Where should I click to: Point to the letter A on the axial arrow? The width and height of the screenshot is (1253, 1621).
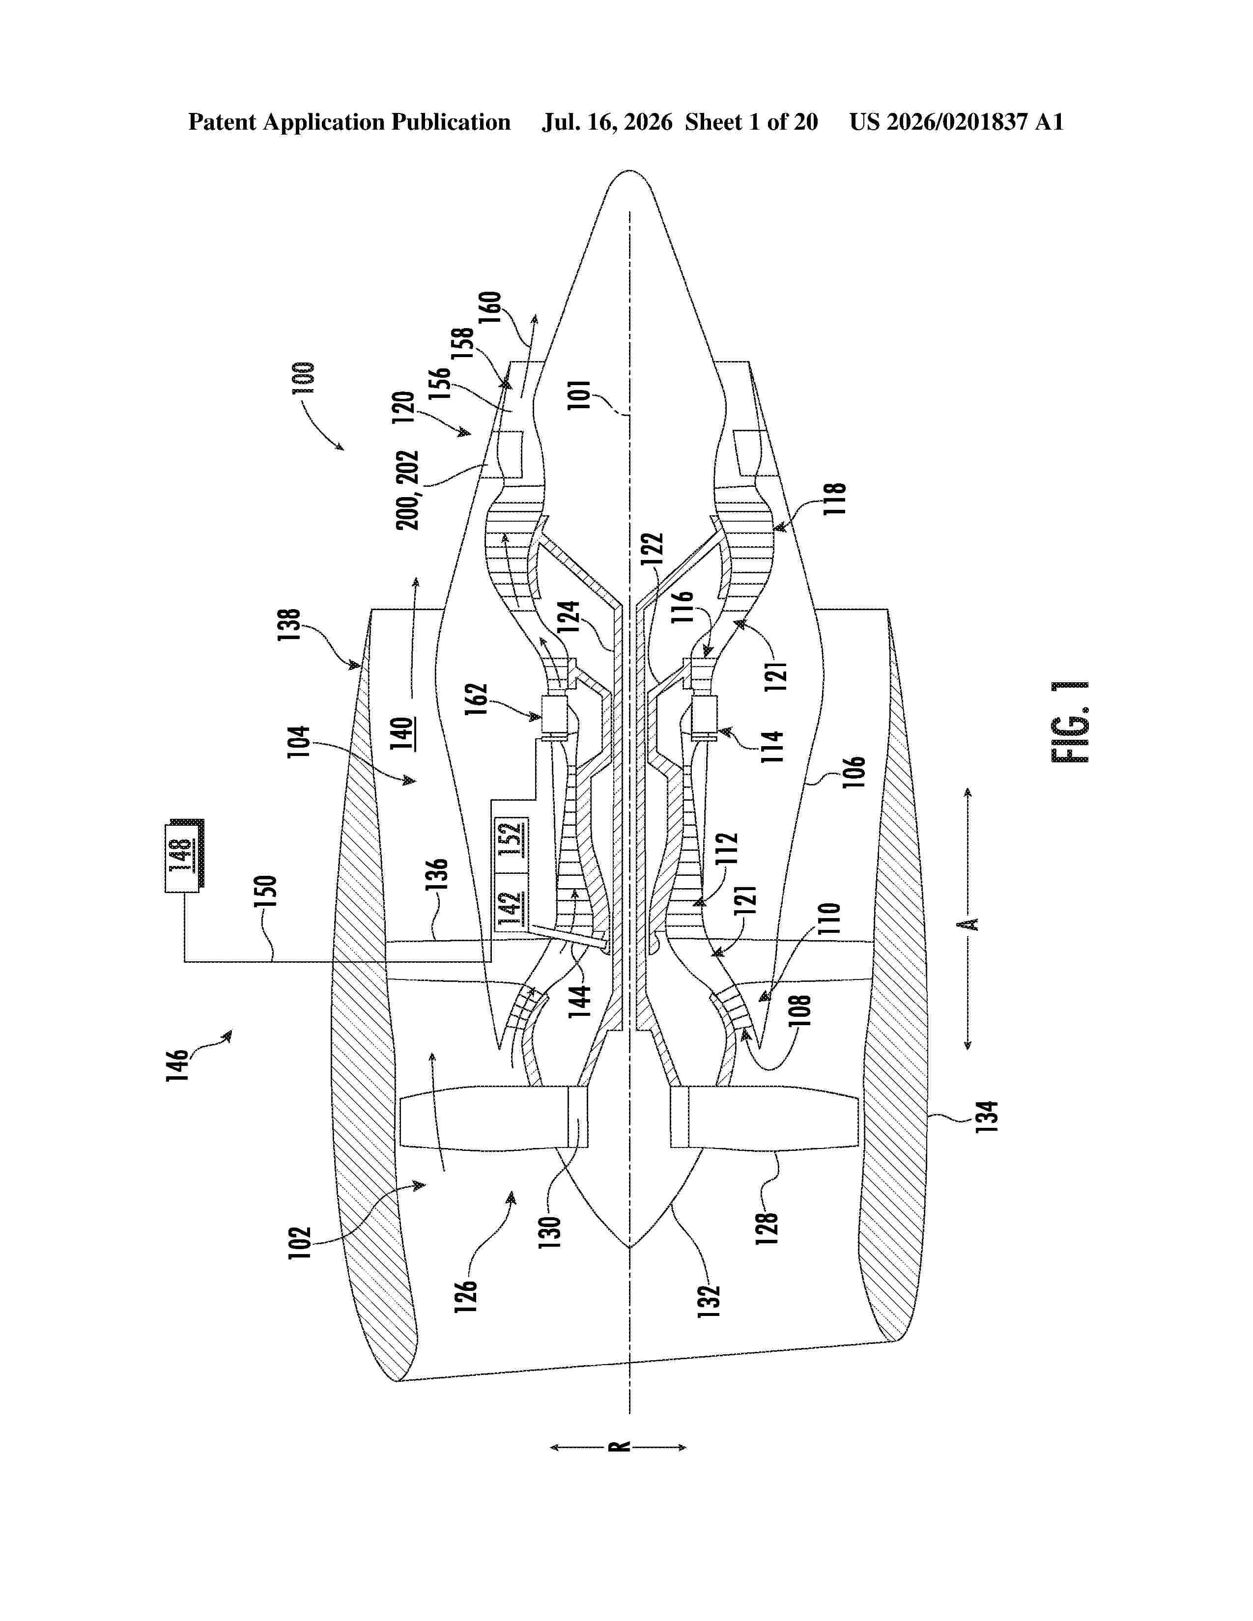967,924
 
